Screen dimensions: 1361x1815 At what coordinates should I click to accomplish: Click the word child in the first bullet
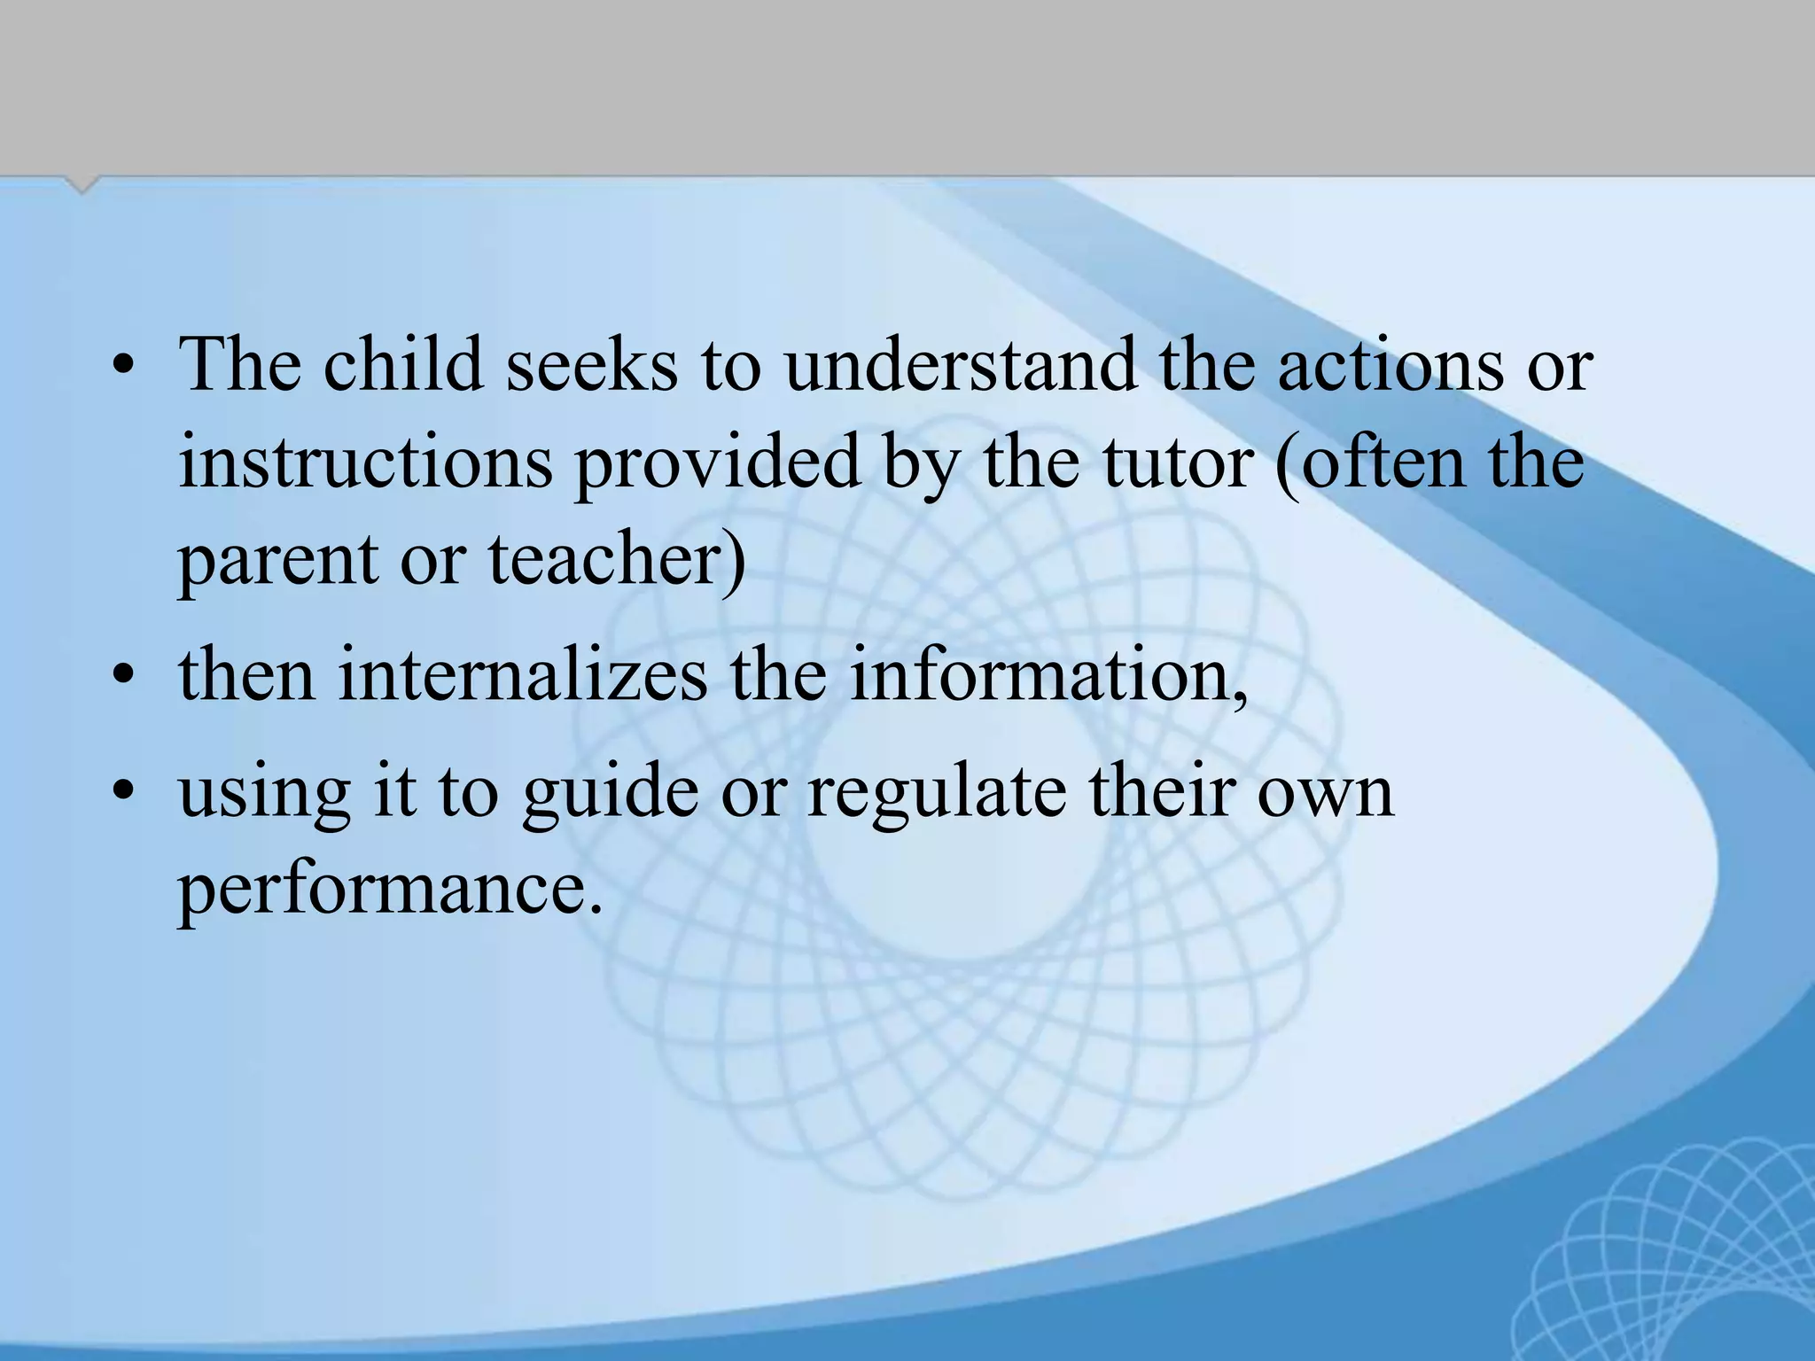[x=402, y=365]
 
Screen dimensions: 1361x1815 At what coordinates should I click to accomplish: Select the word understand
[x=959, y=365]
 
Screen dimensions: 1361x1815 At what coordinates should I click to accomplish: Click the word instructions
[x=365, y=463]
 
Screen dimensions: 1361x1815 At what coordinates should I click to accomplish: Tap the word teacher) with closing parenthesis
[x=617, y=560]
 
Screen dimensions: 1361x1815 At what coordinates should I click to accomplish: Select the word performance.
[x=391, y=890]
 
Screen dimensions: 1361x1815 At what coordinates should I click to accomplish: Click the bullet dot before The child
[x=123, y=367]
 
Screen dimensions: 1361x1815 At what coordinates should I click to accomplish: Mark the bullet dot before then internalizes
[x=123, y=677]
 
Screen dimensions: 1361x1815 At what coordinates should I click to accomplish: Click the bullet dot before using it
[x=123, y=792]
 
